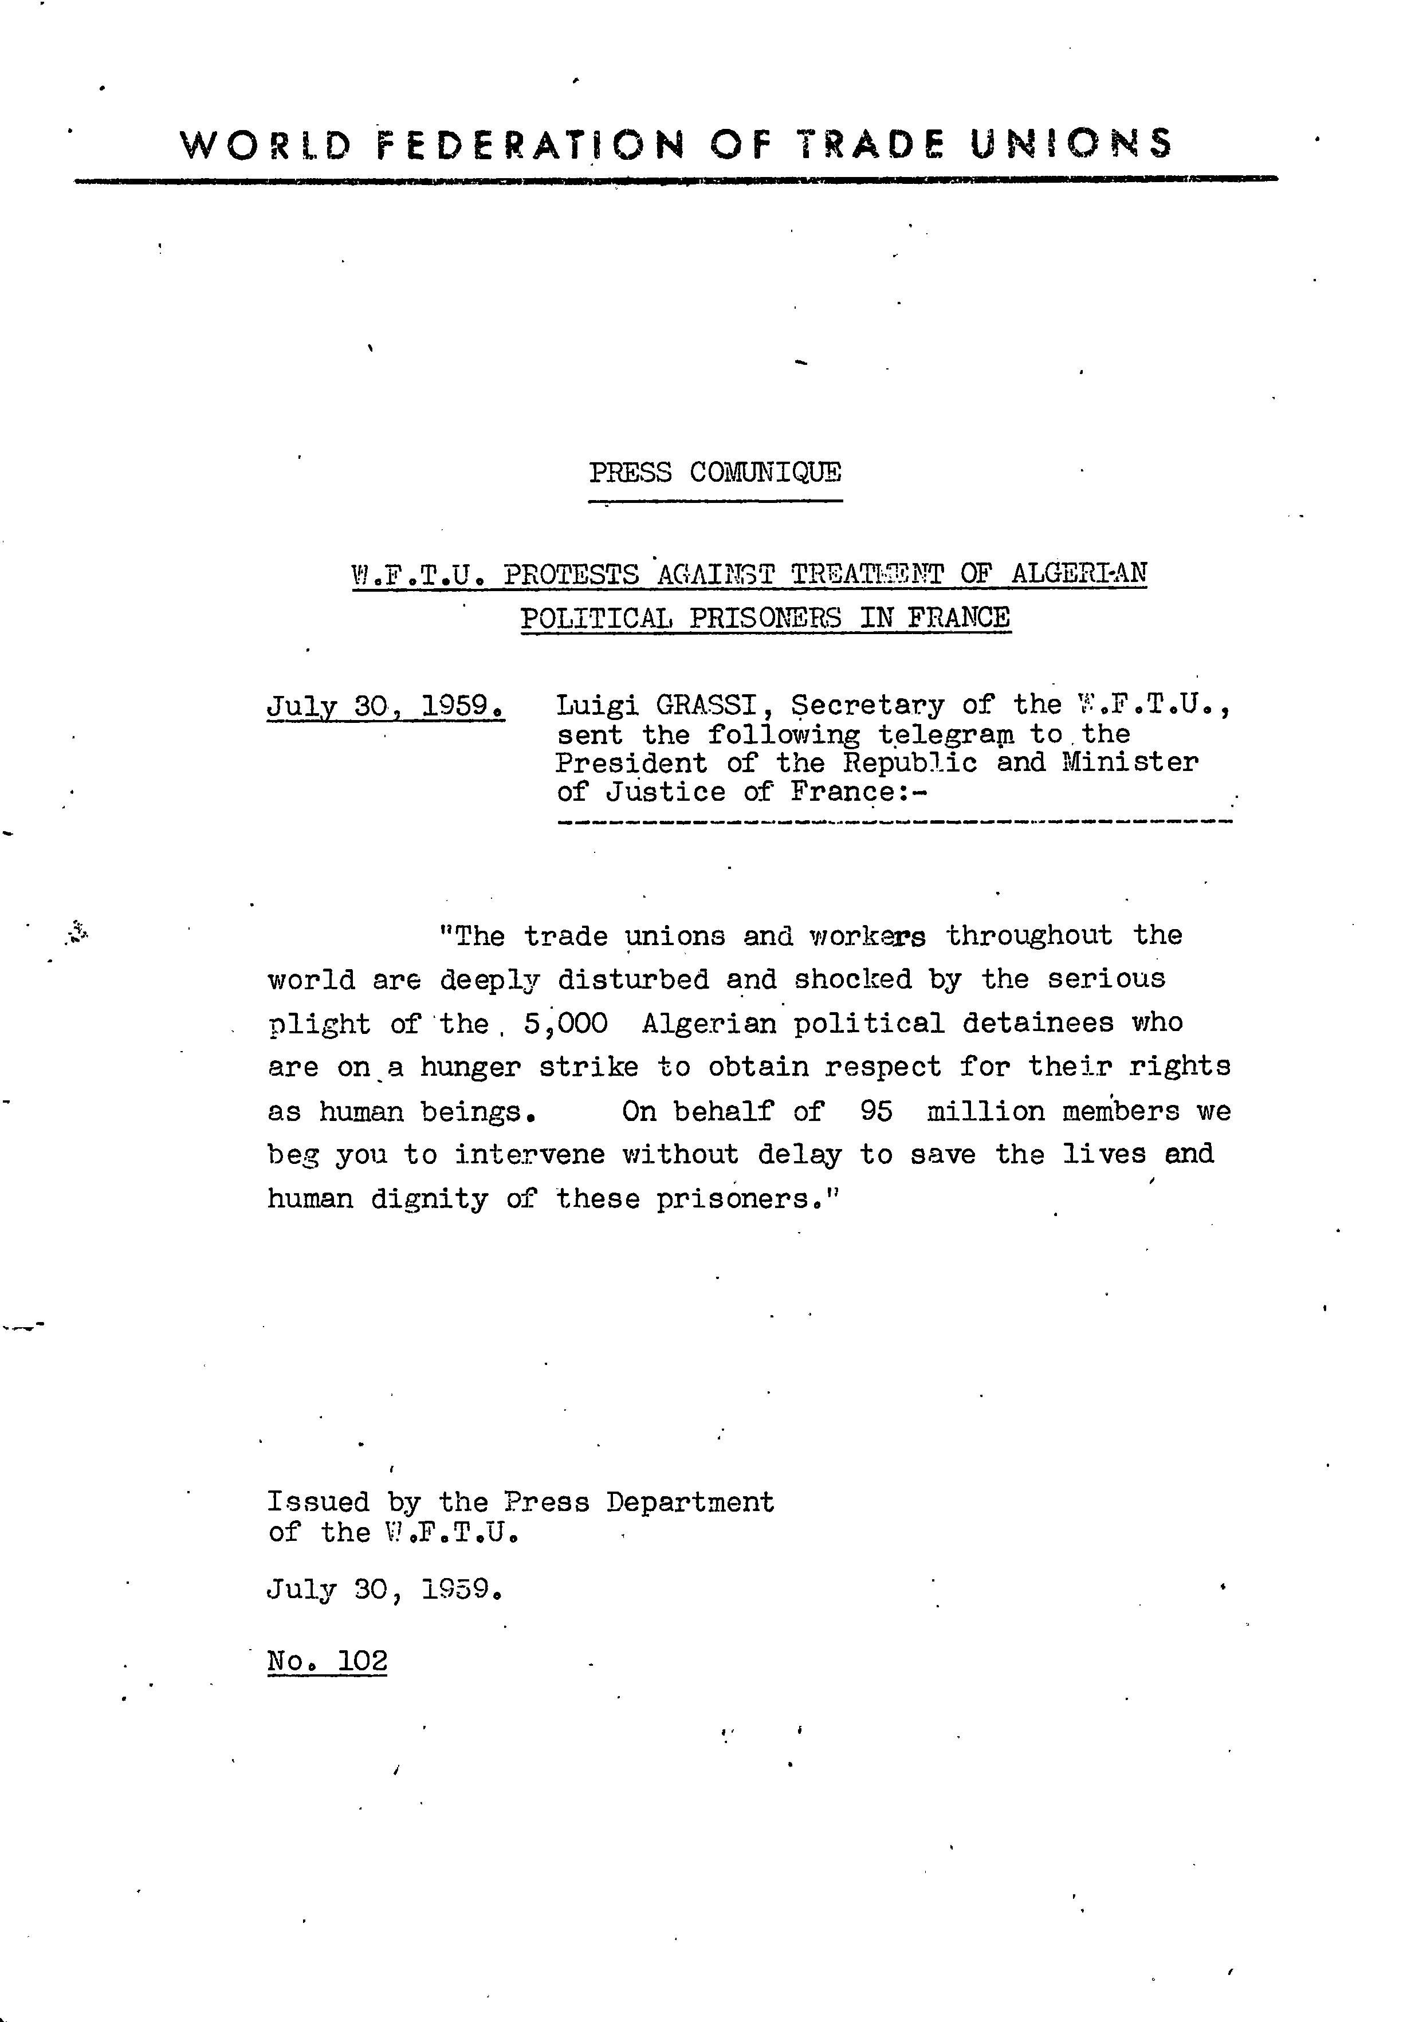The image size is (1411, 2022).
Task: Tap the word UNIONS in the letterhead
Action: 1071,144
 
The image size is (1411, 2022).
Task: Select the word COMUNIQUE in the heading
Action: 765,473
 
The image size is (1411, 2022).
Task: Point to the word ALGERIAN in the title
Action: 1078,573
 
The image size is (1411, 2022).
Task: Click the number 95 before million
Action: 877,1111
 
